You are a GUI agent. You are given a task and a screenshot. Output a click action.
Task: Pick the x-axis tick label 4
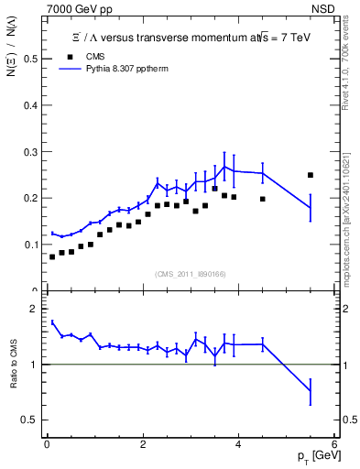[x=239, y=444]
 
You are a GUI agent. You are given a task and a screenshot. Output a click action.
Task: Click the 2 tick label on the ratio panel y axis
[x=34, y=309]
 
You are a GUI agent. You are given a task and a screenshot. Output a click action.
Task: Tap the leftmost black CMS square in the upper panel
[x=52, y=256]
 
